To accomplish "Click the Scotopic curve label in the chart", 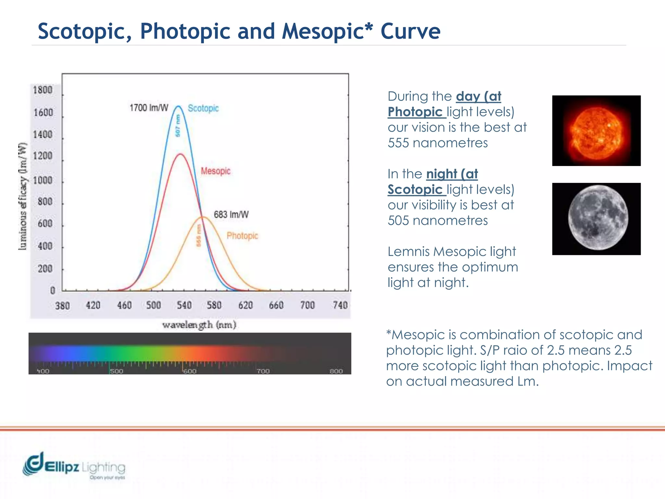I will (x=203, y=108).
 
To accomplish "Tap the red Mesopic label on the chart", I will (x=215, y=171).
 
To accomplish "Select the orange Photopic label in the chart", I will (x=242, y=236).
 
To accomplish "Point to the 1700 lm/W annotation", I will (x=149, y=108).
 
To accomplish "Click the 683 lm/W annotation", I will (x=231, y=214).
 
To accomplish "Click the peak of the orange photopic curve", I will (x=203, y=217).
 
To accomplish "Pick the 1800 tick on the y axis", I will (x=43, y=90).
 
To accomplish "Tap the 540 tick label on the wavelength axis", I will (x=184, y=305).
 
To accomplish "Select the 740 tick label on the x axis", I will (x=340, y=305).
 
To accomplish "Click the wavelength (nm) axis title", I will (x=199, y=325).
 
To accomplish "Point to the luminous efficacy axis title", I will (x=22, y=196).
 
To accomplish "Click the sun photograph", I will (x=596, y=131).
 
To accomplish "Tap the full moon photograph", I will (x=596, y=219).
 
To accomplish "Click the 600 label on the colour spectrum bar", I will (x=190, y=371).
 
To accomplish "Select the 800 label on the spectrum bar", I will (x=336, y=371).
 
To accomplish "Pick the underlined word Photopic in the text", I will (x=415, y=112).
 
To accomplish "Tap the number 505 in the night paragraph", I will (x=398, y=221).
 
